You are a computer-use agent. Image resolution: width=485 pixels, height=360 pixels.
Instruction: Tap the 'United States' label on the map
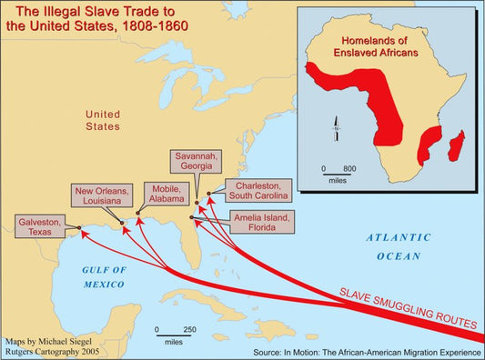(102, 121)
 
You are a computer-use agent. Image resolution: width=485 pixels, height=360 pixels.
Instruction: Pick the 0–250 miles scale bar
(174, 332)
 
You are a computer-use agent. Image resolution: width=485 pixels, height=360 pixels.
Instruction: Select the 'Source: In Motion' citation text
(366, 350)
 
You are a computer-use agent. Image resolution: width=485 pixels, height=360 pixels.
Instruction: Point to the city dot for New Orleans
(122, 222)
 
